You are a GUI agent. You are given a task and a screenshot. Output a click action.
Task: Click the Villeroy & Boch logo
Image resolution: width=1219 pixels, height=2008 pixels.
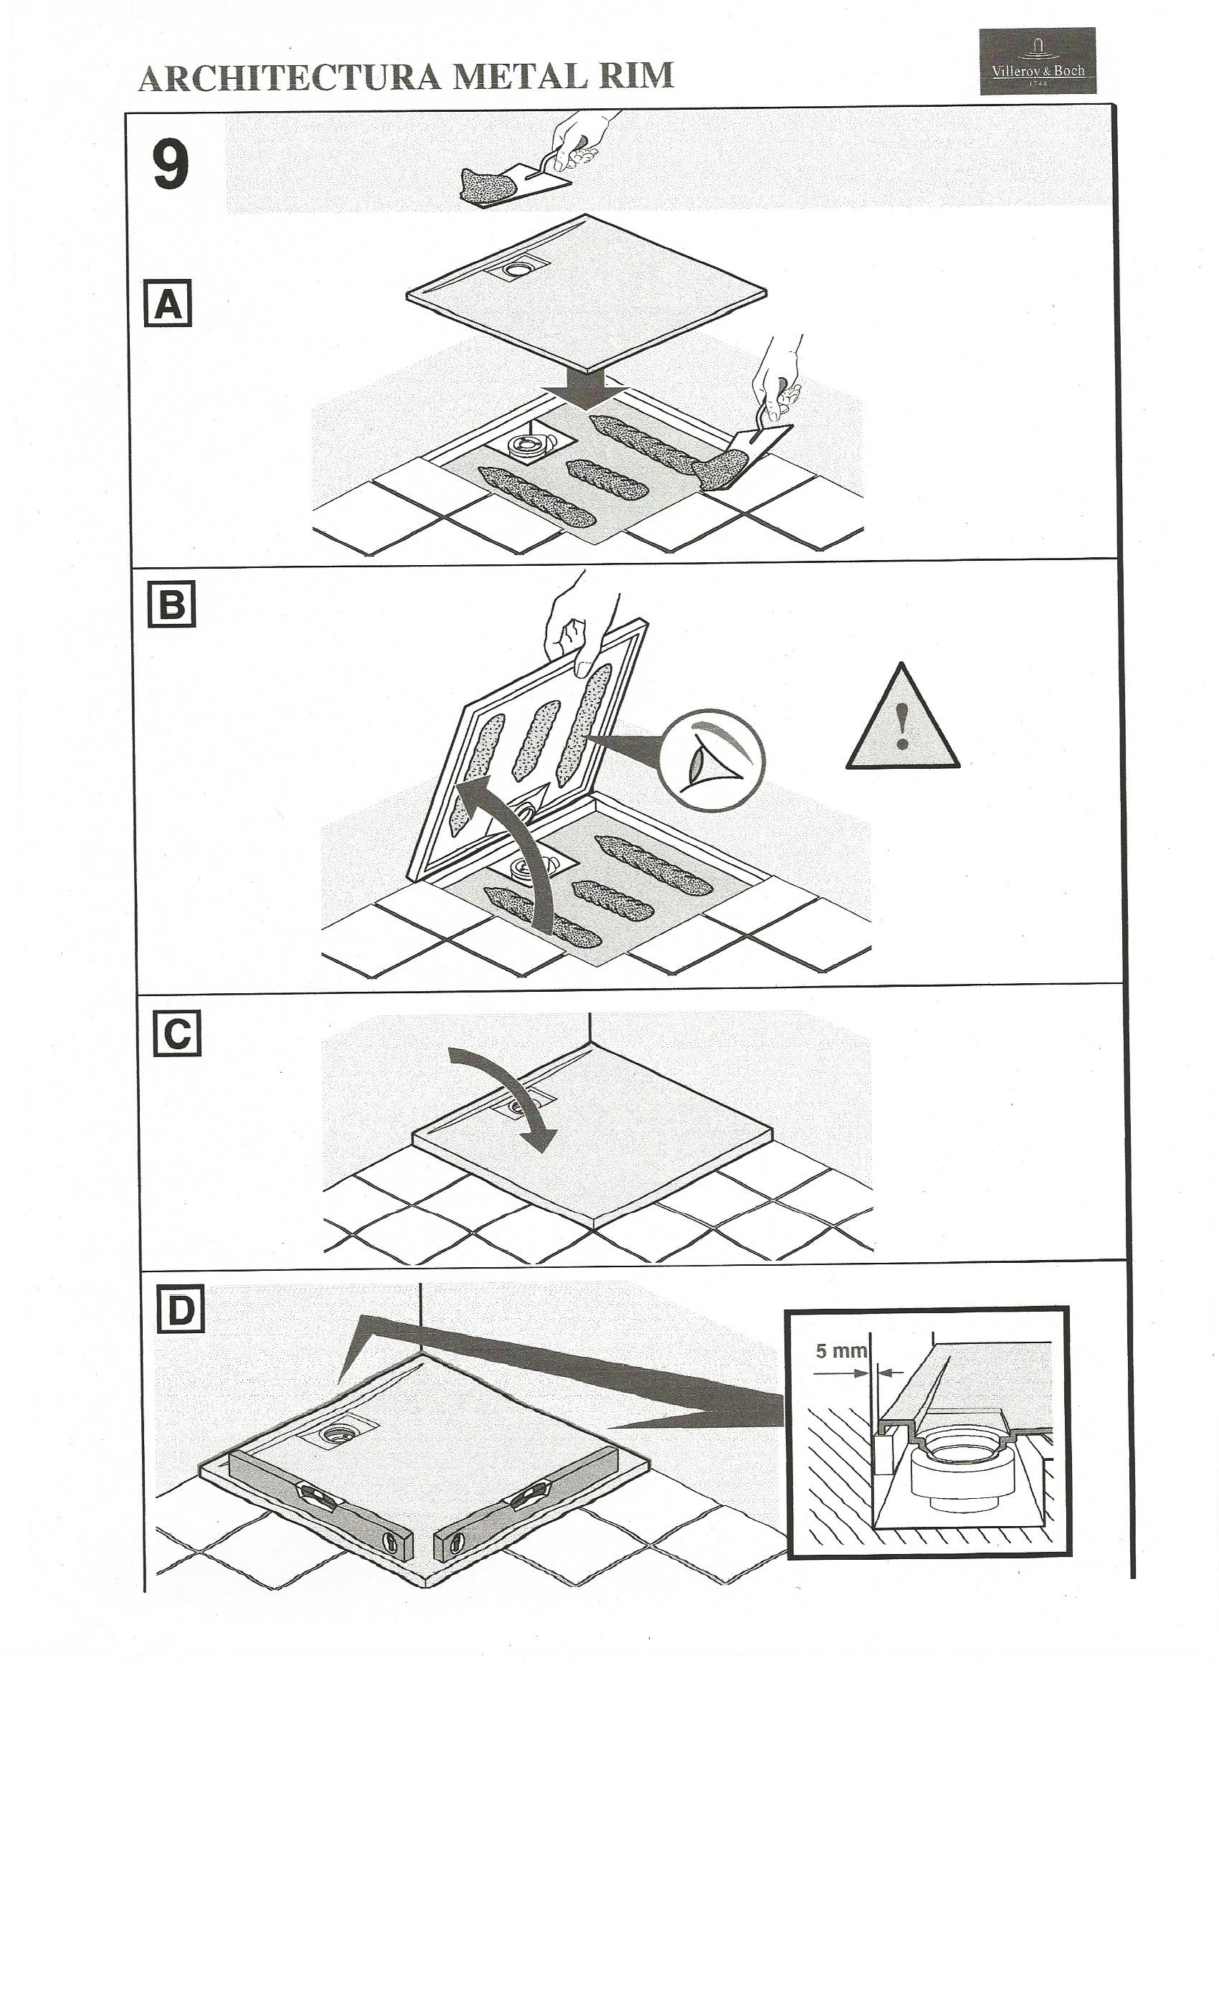pyautogui.click(x=1035, y=61)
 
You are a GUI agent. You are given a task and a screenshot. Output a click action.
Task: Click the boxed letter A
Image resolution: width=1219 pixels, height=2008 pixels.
pyautogui.click(x=168, y=303)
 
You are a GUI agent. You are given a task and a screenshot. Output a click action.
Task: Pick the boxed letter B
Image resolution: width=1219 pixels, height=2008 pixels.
pyautogui.click(x=171, y=604)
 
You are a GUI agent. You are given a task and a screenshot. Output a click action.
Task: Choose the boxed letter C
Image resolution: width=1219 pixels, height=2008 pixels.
pyautogui.click(x=177, y=1034)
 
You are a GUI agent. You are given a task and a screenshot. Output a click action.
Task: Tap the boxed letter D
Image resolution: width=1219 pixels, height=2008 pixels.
pyautogui.click(x=179, y=1310)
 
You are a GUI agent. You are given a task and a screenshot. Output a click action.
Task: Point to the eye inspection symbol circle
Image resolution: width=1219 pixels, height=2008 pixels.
pyautogui.click(x=710, y=759)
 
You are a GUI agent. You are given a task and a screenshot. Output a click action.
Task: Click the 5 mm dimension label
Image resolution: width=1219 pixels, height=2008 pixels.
pyautogui.click(x=841, y=1350)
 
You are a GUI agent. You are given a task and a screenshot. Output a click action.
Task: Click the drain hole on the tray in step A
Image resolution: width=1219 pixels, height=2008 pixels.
pyautogui.click(x=516, y=268)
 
